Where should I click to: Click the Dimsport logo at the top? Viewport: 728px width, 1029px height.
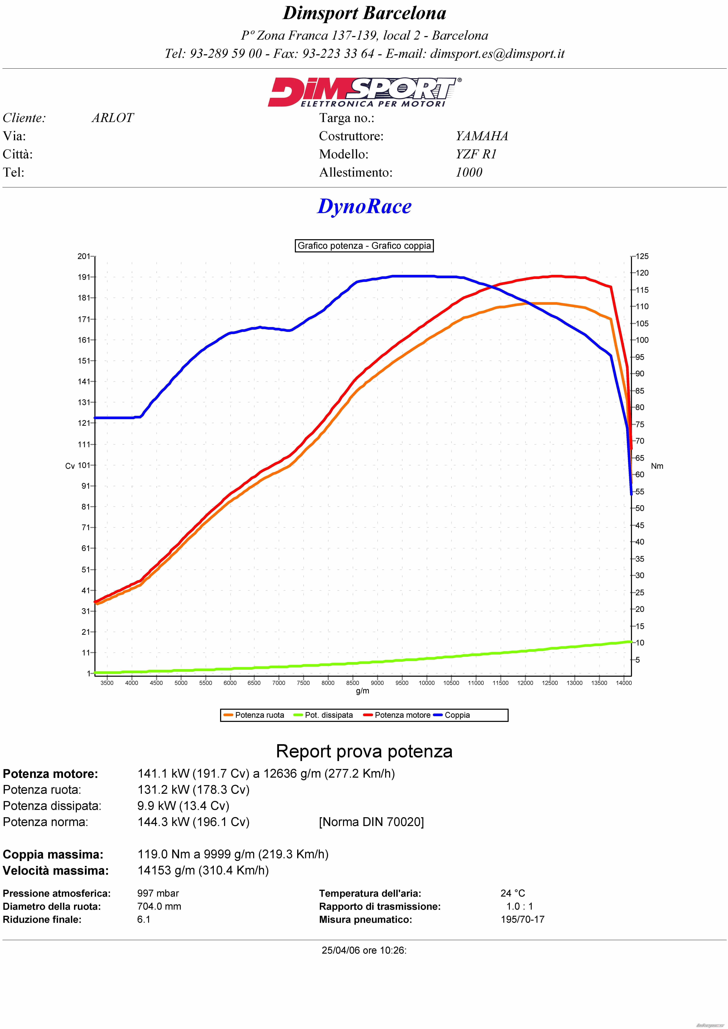[x=364, y=92]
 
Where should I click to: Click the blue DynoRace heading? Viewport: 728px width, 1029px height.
[x=364, y=207]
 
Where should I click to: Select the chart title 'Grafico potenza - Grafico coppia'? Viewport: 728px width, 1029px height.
[x=364, y=246]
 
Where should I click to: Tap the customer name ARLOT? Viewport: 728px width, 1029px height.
[x=113, y=118]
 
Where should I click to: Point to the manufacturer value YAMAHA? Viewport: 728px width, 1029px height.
[x=482, y=136]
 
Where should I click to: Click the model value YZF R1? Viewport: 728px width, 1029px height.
[x=476, y=154]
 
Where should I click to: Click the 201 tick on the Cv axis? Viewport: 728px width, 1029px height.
[x=84, y=256]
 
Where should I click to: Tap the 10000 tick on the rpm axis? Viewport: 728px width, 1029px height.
[x=427, y=683]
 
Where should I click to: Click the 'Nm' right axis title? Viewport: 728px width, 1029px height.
[x=657, y=466]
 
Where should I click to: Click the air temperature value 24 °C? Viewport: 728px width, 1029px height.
[x=513, y=893]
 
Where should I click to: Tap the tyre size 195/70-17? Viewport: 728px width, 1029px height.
[x=523, y=919]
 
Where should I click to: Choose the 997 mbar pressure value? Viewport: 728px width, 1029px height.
[x=158, y=893]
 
